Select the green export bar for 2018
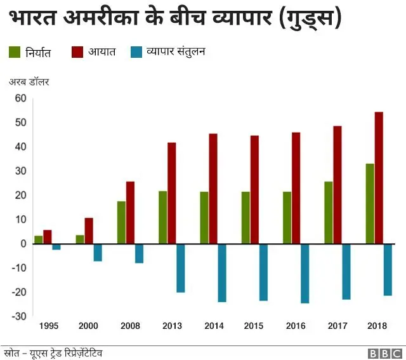point(370,204)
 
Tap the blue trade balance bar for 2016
point(305,273)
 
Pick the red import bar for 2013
point(172,193)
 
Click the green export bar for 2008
point(121,222)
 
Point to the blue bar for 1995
point(56,246)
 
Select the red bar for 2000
point(89,230)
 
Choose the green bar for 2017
point(329,212)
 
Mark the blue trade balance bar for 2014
point(222,272)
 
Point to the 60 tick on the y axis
point(20,98)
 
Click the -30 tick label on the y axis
point(19,316)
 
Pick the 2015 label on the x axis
point(254,326)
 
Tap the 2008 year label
point(131,326)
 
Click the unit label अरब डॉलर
point(29,82)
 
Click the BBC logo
point(383,352)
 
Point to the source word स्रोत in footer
point(11,352)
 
